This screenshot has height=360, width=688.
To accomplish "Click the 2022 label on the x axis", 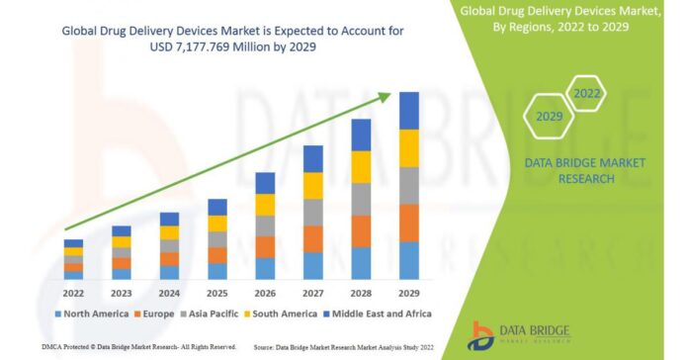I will pos(73,293).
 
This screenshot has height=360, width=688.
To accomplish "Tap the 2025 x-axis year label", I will pos(216,293).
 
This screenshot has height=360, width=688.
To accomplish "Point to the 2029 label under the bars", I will pos(408,293).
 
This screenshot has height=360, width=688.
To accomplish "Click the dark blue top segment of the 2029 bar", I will pos(408,111).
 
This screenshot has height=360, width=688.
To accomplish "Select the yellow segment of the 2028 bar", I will pos(361,166).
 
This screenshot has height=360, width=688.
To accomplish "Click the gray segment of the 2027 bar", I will pos(313,212).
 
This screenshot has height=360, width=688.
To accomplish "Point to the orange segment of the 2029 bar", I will pos(408,223).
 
